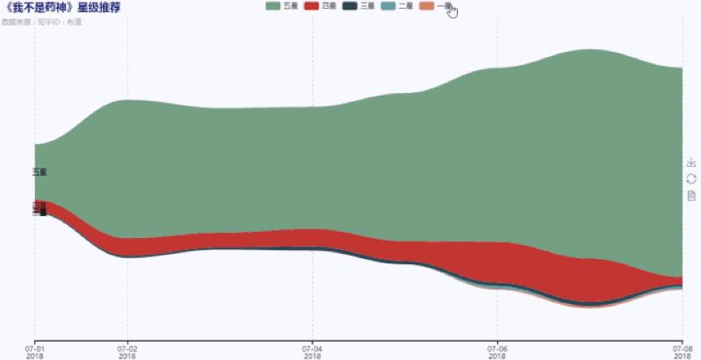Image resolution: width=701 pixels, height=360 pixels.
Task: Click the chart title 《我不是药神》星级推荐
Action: (x=62, y=7)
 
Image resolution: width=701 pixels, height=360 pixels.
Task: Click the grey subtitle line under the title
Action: (x=42, y=20)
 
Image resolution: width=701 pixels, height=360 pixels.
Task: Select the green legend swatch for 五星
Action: (x=272, y=6)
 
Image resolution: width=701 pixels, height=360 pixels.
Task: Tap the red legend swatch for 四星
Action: (x=311, y=6)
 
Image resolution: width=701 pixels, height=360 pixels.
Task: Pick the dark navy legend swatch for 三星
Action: (x=349, y=6)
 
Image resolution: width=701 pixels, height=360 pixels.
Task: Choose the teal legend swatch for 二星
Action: (x=387, y=6)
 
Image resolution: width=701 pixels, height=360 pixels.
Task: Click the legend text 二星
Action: (x=405, y=6)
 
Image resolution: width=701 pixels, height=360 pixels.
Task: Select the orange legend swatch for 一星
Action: (x=426, y=6)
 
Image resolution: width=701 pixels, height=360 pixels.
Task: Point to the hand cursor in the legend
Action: (x=452, y=11)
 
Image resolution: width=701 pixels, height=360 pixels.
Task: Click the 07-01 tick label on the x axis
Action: (x=35, y=351)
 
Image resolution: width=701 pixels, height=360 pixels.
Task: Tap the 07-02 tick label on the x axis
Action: (x=128, y=351)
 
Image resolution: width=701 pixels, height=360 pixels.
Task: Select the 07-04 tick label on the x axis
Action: (x=313, y=351)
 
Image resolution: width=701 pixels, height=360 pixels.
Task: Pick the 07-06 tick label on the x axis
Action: (x=497, y=351)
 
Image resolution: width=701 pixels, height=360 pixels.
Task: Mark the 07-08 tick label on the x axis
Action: (x=682, y=351)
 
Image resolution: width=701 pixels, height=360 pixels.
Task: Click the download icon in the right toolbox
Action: (x=691, y=162)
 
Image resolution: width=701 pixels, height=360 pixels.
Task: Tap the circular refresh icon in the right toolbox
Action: (x=691, y=179)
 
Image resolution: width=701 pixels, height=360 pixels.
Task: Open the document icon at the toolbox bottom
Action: (x=691, y=196)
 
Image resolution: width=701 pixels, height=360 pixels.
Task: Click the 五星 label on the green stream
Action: (x=40, y=172)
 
